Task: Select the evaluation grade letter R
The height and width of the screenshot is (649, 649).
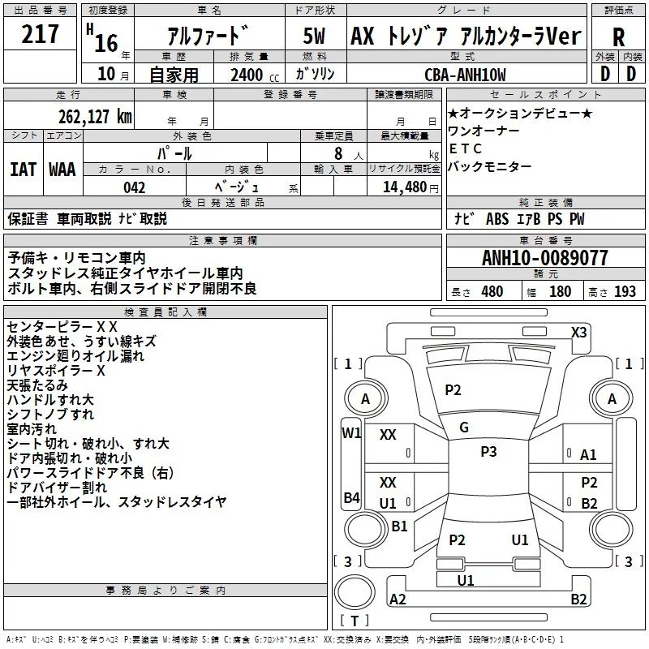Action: [619, 37]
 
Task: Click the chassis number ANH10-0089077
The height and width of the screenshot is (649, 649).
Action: [545, 259]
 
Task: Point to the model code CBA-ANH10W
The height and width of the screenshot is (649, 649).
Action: [465, 75]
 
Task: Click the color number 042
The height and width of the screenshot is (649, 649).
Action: [135, 187]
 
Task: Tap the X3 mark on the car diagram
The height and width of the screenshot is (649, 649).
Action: [579, 332]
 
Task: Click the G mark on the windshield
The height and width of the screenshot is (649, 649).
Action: [464, 428]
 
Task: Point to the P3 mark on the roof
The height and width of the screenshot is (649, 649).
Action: [488, 452]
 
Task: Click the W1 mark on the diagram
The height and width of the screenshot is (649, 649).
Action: [351, 432]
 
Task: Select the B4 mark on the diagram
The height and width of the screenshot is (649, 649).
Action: [351, 497]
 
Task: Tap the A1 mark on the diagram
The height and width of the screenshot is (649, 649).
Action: [589, 455]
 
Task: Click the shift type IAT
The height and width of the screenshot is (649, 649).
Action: [23, 170]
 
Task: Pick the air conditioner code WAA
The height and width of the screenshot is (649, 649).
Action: [62, 170]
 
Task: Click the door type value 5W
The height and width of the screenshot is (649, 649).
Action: [316, 37]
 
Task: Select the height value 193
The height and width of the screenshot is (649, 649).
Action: [625, 291]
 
